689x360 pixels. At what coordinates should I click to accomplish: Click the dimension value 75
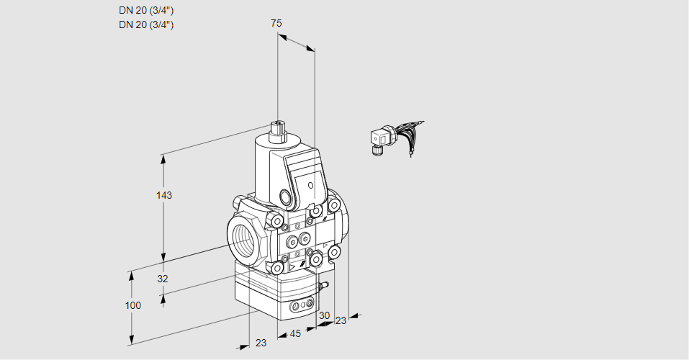[276, 23]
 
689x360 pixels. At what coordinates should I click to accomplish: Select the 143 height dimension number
[165, 195]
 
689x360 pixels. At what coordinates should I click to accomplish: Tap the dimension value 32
[163, 279]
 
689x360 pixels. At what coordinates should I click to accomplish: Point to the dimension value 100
[132, 305]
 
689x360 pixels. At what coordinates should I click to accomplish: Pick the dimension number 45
[295, 333]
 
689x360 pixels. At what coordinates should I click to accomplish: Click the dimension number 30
[324, 315]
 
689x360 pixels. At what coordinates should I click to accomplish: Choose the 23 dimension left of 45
[261, 343]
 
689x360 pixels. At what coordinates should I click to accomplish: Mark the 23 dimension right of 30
[341, 320]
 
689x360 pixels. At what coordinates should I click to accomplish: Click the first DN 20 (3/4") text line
[146, 10]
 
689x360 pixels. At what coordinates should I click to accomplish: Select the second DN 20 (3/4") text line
[146, 24]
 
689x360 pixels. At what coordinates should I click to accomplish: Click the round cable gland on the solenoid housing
[286, 197]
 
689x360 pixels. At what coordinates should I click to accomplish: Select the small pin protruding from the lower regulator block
[323, 287]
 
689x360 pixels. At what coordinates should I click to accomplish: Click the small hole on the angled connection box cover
[311, 186]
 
